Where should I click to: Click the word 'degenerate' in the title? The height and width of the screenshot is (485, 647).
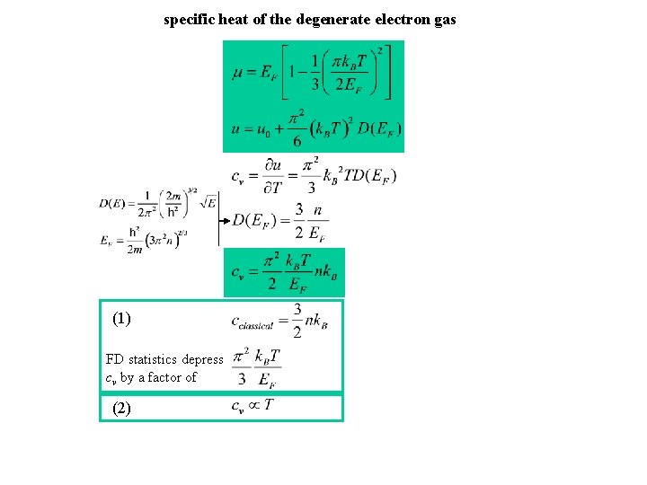(x=319, y=19)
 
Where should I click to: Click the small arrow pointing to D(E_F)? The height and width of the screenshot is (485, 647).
(x=225, y=219)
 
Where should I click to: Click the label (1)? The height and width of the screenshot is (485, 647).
(x=121, y=318)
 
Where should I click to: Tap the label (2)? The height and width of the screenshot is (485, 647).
(x=121, y=408)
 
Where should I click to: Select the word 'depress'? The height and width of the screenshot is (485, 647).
(x=202, y=359)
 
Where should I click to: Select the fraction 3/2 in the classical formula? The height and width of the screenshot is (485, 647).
(x=297, y=320)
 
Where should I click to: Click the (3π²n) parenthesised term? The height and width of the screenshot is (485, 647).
(x=164, y=240)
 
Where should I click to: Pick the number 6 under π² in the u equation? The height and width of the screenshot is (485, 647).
(x=297, y=140)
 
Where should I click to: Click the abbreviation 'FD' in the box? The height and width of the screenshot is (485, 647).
(x=114, y=359)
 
